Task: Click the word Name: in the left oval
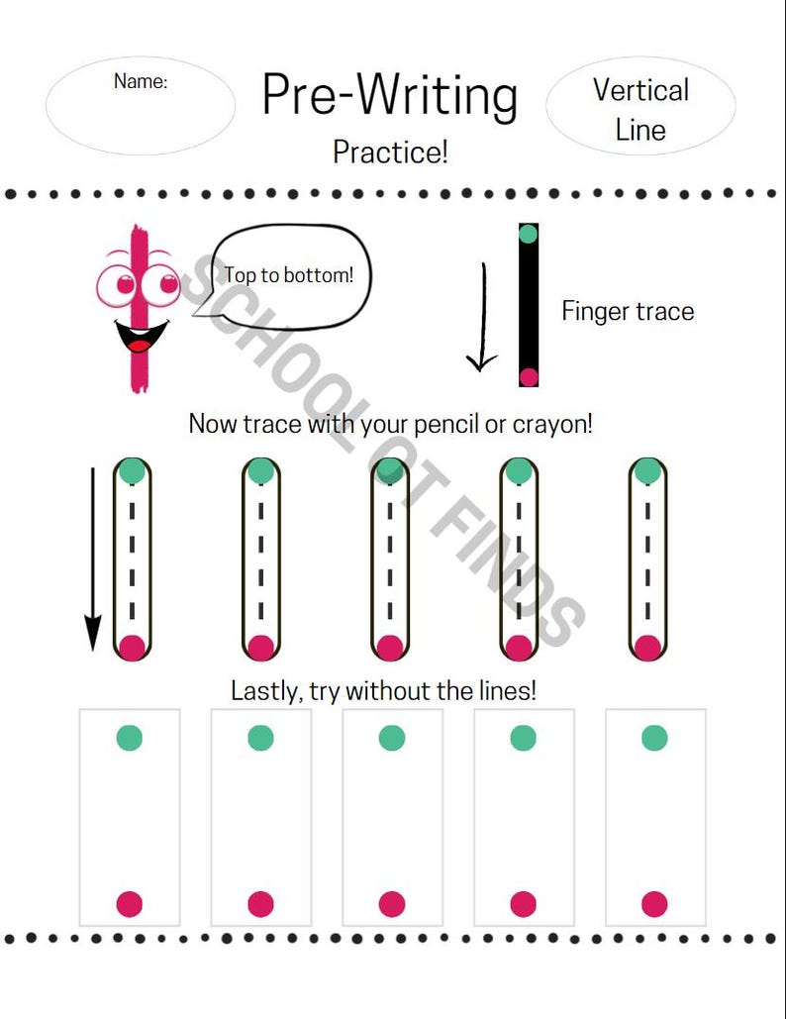point(141,81)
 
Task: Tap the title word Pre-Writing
point(390,95)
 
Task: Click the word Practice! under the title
point(390,153)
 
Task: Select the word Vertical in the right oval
point(640,90)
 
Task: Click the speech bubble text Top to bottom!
point(289,275)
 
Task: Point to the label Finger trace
point(628,311)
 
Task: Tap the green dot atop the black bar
point(529,234)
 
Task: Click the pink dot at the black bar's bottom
point(529,377)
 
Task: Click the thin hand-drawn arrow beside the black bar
point(483,317)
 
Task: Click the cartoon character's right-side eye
point(161,284)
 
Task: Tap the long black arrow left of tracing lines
point(93,559)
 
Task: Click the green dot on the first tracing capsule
point(132,470)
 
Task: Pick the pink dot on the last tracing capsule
point(647,648)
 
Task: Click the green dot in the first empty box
point(130,738)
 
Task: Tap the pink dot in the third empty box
point(392,904)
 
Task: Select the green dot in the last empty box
point(654,738)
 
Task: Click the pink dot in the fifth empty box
point(654,904)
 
